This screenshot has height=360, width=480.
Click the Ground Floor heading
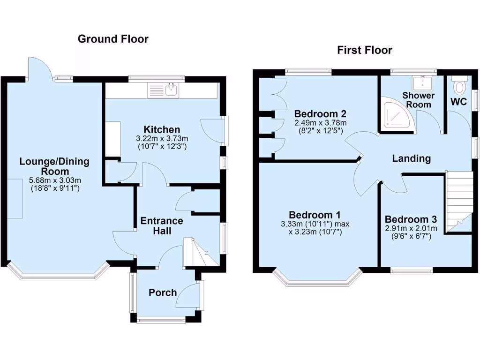113,39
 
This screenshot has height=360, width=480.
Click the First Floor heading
365,50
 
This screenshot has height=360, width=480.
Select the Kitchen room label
161,129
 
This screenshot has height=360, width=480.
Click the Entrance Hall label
161,225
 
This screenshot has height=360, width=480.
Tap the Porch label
163,292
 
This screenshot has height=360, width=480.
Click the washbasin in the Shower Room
424,83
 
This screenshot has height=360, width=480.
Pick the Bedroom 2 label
320,114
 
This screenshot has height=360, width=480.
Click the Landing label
411,158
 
